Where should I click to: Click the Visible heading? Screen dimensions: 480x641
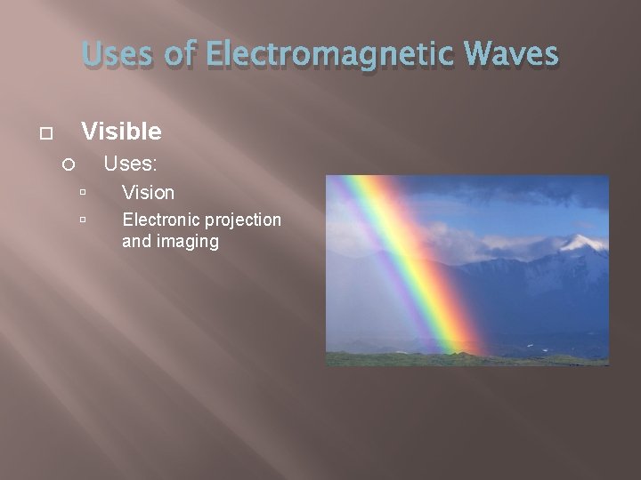pos(121,132)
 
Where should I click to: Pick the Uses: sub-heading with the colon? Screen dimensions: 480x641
pos(131,164)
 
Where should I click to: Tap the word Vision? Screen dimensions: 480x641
pos(148,192)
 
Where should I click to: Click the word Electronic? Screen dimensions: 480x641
pos(163,220)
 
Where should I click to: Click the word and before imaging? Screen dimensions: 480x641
pos(136,241)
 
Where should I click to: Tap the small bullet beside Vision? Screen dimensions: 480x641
pos(82,192)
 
